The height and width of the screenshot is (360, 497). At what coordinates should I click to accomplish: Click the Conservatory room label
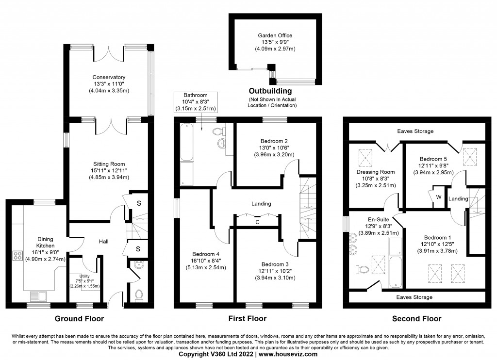click(109, 77)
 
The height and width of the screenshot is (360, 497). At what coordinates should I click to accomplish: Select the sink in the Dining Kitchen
click(36, 295)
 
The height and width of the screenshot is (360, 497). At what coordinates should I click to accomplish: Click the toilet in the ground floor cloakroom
click(139, 295)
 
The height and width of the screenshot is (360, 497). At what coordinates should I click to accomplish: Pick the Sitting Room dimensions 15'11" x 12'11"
click(110, 170)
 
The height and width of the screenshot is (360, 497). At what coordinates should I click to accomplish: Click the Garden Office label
click(275, 35)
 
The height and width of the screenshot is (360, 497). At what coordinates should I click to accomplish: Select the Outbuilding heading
click(270, 91)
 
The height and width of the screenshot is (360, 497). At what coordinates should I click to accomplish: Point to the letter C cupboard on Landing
click(257, 223)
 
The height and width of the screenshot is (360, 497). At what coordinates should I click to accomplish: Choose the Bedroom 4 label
click(206, 254)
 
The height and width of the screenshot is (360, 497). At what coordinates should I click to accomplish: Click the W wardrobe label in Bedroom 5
click(438, 197)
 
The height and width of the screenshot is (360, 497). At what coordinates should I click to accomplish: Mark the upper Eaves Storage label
click(415, 131)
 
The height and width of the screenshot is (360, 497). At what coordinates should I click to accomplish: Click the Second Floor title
click(417, 319)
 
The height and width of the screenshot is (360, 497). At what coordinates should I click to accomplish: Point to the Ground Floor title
click(79, 319)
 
